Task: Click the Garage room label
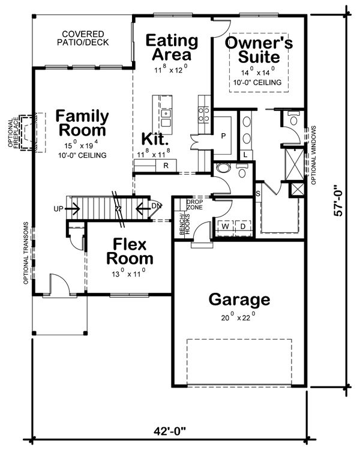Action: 239,299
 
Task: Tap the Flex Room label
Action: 130,251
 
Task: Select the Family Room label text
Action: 82,122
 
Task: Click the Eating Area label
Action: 172,48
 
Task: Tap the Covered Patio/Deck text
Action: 80,38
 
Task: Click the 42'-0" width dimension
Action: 170,431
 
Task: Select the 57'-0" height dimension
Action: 340,200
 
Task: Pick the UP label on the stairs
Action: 58,209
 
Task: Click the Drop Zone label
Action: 194,204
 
